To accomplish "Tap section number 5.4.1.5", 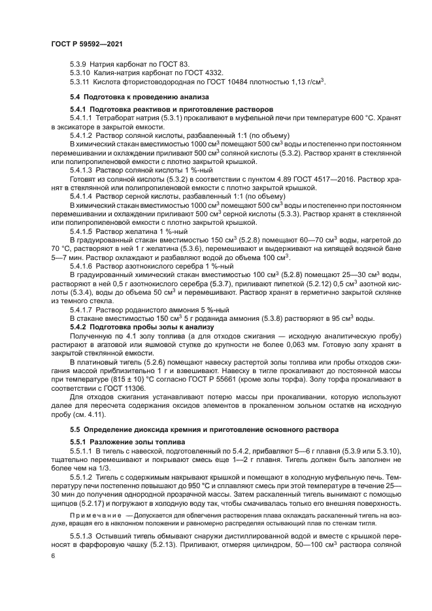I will click(x=82, y=231).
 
